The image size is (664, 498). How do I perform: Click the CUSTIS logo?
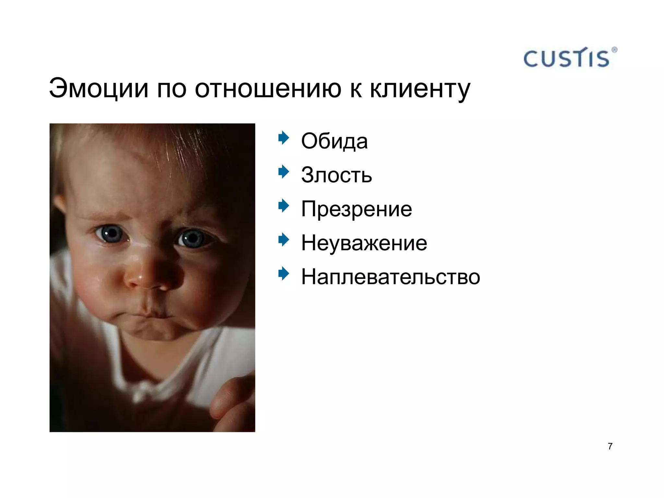coord(567,59)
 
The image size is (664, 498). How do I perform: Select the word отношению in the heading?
coord(268,89)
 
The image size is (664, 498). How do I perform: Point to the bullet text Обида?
coord(334,141)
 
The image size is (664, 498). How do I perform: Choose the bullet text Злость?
coord(337,175)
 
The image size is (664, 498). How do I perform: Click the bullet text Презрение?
coord(356,209)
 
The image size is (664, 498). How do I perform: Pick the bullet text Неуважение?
coord(364,243)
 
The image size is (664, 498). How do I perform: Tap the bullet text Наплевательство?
coord(390,277)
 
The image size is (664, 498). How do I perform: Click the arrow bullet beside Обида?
coord(284,138)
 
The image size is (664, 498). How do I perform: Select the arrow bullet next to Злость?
coord(284,172)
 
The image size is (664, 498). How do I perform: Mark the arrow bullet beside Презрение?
coord(284,206)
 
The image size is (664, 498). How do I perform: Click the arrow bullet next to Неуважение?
coord(284,240)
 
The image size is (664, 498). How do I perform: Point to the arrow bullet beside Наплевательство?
coord(284,273)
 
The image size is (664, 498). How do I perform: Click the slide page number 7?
coord(610,446)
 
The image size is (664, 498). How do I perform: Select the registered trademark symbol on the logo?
coord(614,50)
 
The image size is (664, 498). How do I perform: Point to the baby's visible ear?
coord(59,204)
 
